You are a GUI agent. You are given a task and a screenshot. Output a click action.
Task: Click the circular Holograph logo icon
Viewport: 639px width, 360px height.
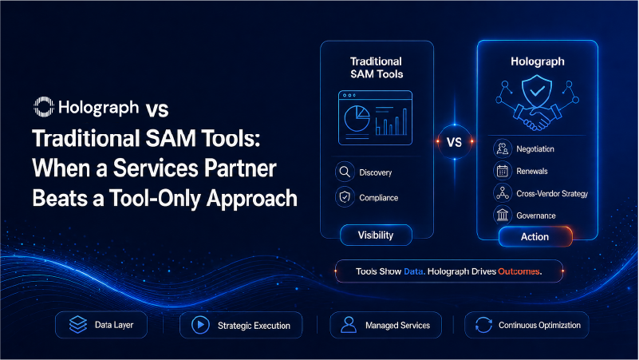pos(44,107)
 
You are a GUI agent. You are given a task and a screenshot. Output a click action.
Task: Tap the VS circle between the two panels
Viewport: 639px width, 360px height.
pos(455,142)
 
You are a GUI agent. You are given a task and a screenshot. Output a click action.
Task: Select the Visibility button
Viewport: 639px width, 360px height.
pos(376,235)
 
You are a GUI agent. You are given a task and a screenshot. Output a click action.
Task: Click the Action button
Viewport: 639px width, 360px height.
pos(535,237)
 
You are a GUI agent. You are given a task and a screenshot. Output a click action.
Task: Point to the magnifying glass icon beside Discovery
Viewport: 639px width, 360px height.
pos(345,172)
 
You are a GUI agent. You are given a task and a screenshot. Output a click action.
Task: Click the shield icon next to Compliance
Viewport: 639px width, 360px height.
pos(345,197)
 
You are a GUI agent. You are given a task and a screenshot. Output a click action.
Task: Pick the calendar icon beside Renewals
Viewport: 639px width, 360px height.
pos(503,171)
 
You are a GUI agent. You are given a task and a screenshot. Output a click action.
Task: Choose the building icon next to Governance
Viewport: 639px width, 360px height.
pos(503,215)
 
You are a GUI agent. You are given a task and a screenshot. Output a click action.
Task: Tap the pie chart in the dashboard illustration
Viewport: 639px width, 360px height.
pos(357,118)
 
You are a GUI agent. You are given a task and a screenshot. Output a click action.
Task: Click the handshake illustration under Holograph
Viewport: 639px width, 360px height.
pos(537,117)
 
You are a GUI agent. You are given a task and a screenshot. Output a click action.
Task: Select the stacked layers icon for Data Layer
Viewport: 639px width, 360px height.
pos(78,325)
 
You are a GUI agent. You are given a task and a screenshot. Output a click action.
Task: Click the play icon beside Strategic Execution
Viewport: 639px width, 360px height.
pos(200,325)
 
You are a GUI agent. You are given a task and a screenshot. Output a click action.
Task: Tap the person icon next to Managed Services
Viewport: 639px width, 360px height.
pos(349,325)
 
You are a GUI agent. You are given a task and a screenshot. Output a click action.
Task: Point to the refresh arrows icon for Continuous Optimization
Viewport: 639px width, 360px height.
pos(483,325)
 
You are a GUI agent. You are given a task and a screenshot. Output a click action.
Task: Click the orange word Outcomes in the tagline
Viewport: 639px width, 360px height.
pos(520,271)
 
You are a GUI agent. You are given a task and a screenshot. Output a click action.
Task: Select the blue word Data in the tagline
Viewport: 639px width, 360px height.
pos(414,271)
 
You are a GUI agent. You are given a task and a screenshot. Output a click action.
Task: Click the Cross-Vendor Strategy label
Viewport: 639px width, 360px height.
pos(552,194)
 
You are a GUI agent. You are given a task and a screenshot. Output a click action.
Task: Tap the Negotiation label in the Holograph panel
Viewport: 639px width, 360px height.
pos(535,148)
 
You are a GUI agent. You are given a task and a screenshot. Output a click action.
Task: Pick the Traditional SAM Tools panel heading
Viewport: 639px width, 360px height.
pos(377,68)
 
